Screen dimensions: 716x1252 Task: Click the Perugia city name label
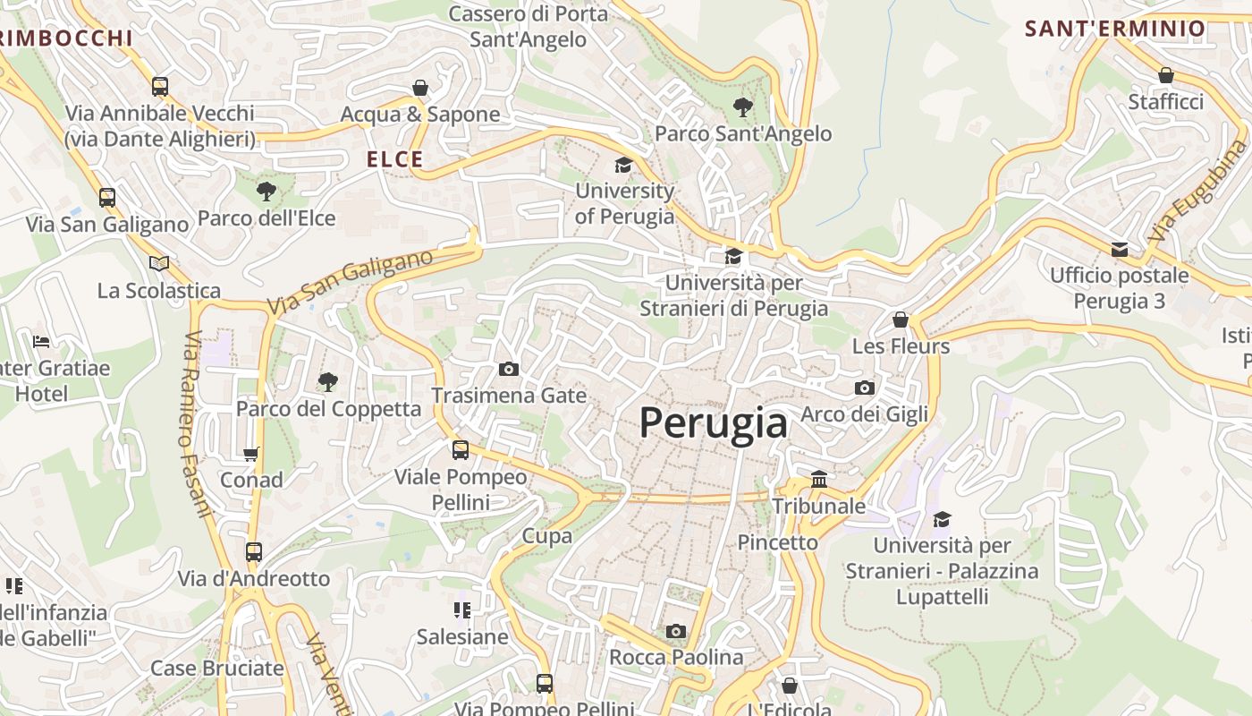click(x=714, y=422)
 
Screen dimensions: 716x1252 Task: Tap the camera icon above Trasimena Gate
click(x=508, y=369)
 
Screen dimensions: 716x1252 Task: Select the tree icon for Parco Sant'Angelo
click(x=742, y=107)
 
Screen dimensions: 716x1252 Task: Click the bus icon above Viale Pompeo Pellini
click(x=461, y=450)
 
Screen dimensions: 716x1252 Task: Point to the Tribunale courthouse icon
click(x=819, y=480)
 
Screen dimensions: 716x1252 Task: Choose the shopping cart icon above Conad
click(x=251, y=454)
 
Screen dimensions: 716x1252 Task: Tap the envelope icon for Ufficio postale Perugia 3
click(x=1120, y=249)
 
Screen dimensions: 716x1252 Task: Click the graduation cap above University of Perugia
click(x=623, y=165)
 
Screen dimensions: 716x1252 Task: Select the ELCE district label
click(x=394, y=159)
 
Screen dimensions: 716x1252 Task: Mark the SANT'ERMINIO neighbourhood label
click(x=1115, y=29)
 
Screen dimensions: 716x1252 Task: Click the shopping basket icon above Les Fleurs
click(x=901, y=320)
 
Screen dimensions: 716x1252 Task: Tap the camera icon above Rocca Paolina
click(x=676, y=631)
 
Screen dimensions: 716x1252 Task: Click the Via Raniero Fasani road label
click(x=198, y=424)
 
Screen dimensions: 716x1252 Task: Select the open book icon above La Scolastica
click(x=159, y=263)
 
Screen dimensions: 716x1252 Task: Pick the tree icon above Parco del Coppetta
click(x=328, y=382)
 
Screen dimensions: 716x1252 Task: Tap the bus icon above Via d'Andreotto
click(x=254, y=552)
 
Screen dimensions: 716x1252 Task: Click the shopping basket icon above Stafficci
click(x=1165, y=75)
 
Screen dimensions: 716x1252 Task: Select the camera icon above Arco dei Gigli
click(x=864, y=388)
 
